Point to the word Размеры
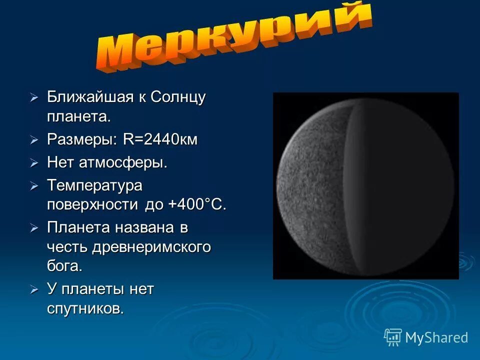click(x=82, y=139)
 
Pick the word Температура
click(x=95, y=185)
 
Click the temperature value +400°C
click(x=197, y=205)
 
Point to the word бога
click(x=64, y=266)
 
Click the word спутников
click(x=85, y=308)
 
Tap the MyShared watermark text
click(x=436, y=337)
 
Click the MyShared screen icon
click(x=393, y=337)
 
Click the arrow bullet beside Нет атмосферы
click(x=34, y=163)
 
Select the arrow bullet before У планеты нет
click(x=34, y=289)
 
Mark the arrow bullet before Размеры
click(x=34, y=140)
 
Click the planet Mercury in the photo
click(x=365, y=185)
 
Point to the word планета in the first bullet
click(x=78, y=117)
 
